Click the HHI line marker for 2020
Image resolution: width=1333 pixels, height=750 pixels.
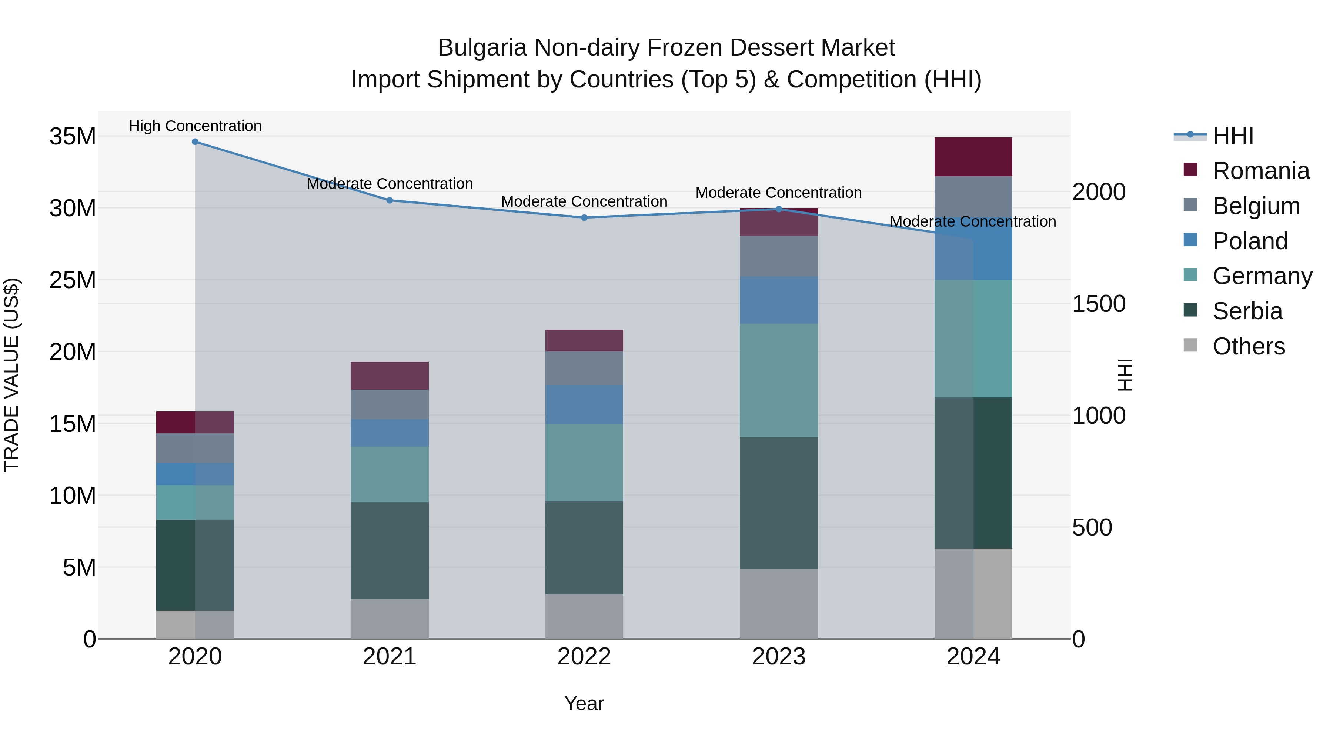pos(195,142)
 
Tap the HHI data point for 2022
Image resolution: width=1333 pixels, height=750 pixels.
pos(584,218)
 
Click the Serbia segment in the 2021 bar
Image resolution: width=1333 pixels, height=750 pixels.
pos(390,550)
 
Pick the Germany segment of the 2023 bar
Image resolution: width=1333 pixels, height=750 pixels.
pos(778,380)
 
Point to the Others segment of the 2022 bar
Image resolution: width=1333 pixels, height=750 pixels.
pos(584,616)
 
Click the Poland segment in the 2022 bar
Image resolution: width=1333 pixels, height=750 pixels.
pos(584,404)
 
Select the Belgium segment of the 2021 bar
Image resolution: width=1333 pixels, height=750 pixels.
pos(390,404)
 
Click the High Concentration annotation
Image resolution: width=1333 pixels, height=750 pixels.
pos(195,126)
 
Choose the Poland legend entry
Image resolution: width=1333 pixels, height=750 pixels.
pos(1250,241)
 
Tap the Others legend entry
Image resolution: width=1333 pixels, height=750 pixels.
pos(1248,346)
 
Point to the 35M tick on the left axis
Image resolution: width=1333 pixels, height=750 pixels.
pos(73,137)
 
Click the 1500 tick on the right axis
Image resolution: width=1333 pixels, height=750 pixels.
pos(1098,304)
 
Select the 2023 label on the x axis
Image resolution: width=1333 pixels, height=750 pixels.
pos(778,657)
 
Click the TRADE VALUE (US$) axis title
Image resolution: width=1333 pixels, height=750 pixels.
pos(11,375)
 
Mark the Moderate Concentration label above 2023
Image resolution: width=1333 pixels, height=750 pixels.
pos(778,193)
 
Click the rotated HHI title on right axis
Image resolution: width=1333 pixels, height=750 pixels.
pos(1125,375)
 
